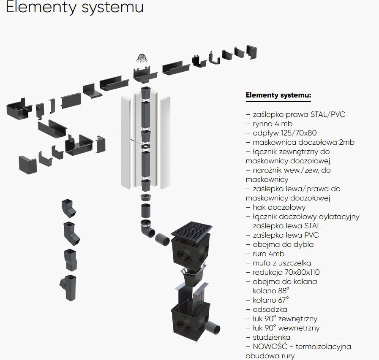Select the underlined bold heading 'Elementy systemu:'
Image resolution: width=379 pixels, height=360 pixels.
click(x=278, y=95)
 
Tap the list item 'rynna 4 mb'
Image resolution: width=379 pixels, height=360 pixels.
click(x=273, y=124)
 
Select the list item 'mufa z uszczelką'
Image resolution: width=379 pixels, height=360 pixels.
click(x=282, y=263)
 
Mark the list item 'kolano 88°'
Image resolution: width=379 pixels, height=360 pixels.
click(x=271, y=291)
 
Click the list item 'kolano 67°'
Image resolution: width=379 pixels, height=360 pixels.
click(x=271, y=300)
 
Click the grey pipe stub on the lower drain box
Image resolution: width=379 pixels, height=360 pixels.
click(x=216, y=327)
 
